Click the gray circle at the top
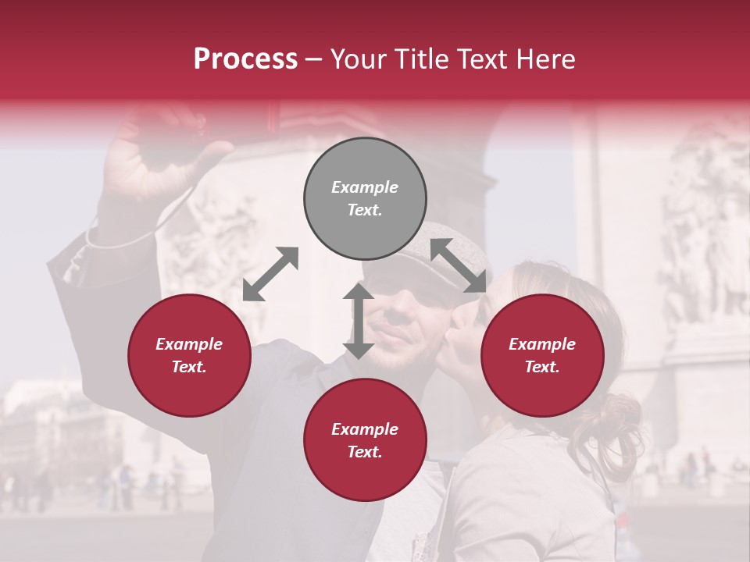[365, 199]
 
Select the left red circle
[189, 356]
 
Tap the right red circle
[542, 356]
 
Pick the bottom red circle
[365, 440]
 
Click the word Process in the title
[245, 59]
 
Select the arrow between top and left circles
[270, 273]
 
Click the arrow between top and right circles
[458, 266]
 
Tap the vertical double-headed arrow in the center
[358, 321]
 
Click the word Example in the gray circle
[365, 187]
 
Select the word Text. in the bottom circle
[365, 452]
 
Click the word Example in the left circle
[189, 344]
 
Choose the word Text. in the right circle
[542, 367]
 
